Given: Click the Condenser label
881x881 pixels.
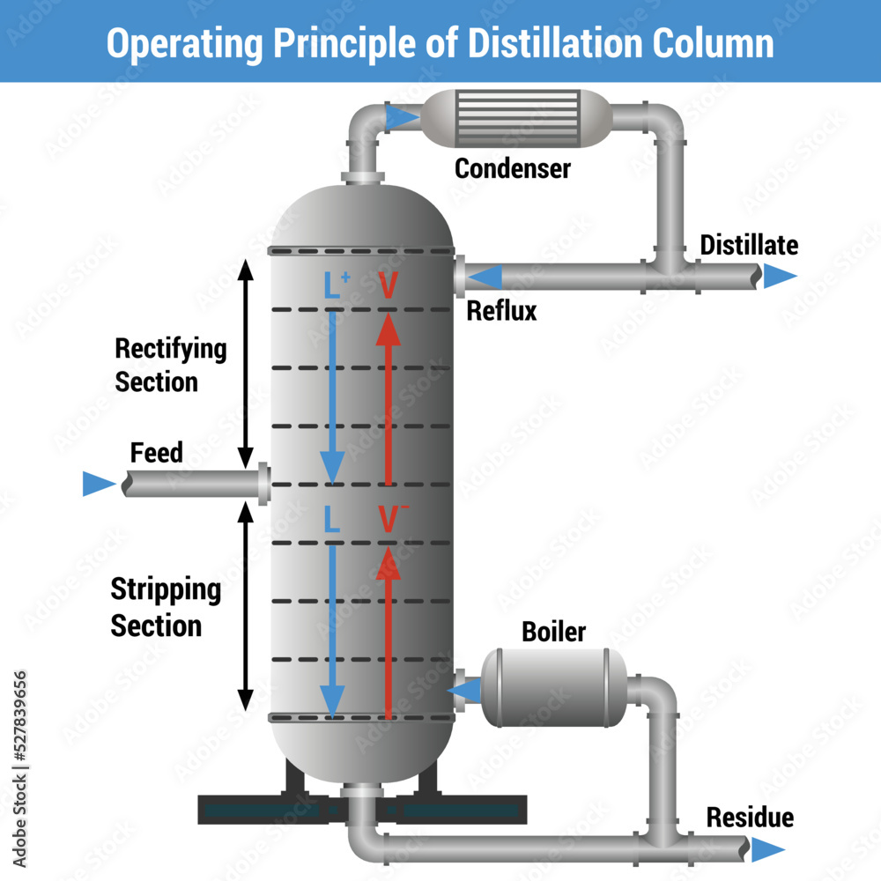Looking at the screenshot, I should coord(512,167).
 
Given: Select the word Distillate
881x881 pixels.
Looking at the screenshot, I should coord(749,245).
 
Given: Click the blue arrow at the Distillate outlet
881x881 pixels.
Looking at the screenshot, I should coord(779,277).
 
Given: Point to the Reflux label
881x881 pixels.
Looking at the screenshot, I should coord(501,311).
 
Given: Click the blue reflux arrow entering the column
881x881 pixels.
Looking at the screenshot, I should coord(485,278).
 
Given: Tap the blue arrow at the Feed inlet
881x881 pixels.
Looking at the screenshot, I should coord(99,484).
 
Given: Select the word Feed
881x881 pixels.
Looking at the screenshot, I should coord(157,453).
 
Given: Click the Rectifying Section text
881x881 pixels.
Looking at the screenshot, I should coord(170,365).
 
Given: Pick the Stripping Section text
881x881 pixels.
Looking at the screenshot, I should coord(165,608).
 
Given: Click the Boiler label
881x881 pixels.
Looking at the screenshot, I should coord(553,632).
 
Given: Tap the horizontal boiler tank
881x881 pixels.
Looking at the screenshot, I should coord(552,688).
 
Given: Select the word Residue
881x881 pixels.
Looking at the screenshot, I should coord(750,818).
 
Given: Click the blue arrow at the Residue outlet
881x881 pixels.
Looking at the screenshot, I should coord(767,849).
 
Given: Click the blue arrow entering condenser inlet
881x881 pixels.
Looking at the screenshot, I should coord(403,116).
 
